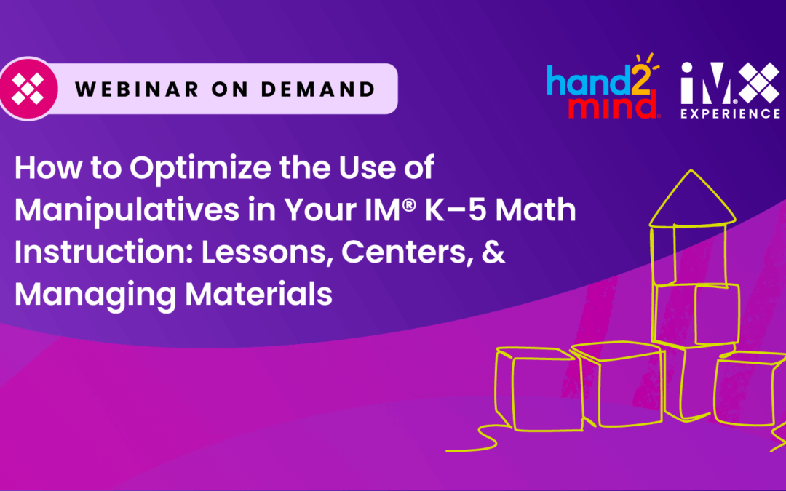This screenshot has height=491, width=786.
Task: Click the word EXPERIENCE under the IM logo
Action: click(730, 113)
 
